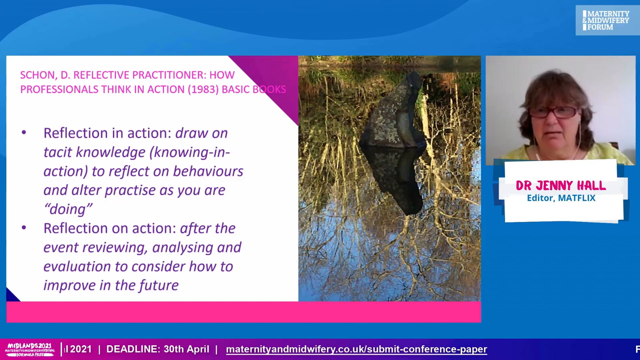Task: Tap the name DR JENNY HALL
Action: point(561,186)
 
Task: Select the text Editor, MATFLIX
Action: point(561,198)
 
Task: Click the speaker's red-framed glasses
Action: point(553,112)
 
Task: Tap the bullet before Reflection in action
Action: point(24,133)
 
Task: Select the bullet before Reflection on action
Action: point(24,228)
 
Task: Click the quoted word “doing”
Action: point(68,209)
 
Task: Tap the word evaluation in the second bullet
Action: point(77,266)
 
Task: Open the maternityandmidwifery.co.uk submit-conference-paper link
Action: point(357,349)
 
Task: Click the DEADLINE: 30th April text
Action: point(158,349)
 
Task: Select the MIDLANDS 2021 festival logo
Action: point(30,349)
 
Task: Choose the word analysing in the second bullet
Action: point(183,247)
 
